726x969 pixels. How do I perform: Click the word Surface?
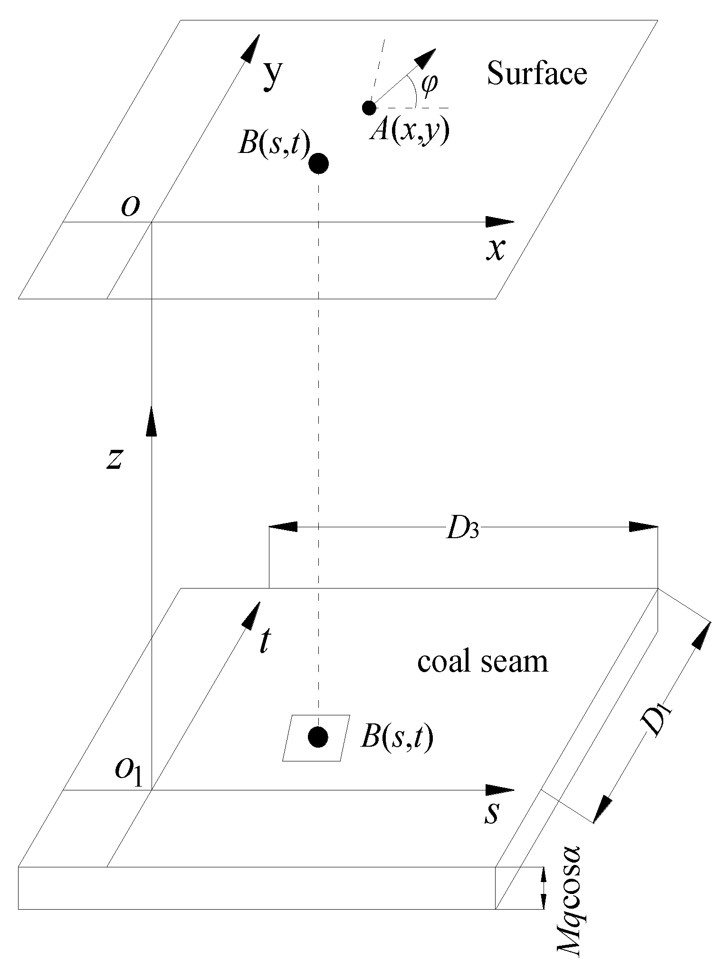(x=537, y=75)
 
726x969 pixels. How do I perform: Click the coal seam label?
(x=482, y=662)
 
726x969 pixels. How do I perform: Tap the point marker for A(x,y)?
(x=369, y=108)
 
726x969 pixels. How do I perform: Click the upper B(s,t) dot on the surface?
(x=318, y=164)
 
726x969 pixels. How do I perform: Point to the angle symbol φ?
(x=430, y=85)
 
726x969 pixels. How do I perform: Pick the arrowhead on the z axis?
(x=151, y=420)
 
